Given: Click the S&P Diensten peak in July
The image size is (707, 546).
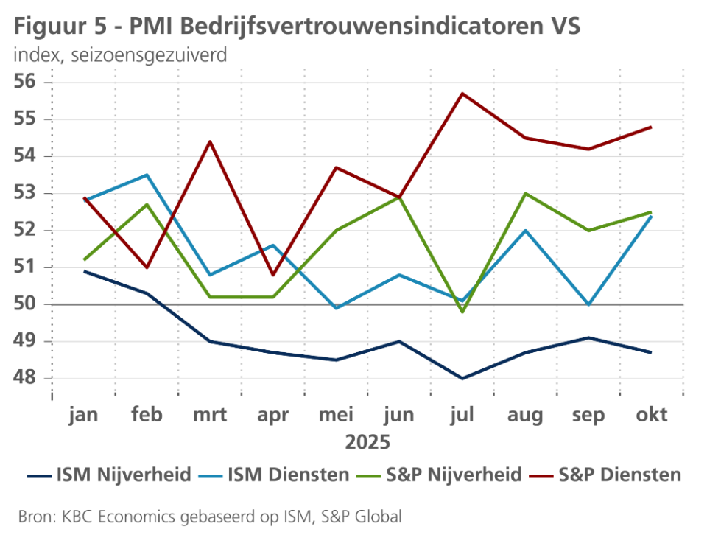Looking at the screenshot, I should (x=462, y=94).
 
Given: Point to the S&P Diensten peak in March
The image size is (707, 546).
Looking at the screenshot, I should (x=211, y=141).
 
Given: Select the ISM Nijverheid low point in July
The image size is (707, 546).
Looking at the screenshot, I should (x=462, y=379).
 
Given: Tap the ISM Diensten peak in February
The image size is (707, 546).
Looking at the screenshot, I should (x=147, y=175).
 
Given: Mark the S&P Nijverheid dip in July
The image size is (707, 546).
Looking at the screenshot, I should (x=462, y=312).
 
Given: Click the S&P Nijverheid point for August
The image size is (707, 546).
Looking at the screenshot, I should (x=525, y=194).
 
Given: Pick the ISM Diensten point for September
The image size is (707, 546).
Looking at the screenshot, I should (x=588, y=304).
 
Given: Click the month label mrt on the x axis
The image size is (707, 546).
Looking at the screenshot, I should (x=211, y=415).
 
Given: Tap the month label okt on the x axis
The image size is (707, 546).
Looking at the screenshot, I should (x=651, y=415).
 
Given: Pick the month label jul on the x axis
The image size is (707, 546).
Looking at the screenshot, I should (x=462, y=415).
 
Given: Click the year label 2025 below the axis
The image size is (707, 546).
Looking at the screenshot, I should (x=367, y=443).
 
